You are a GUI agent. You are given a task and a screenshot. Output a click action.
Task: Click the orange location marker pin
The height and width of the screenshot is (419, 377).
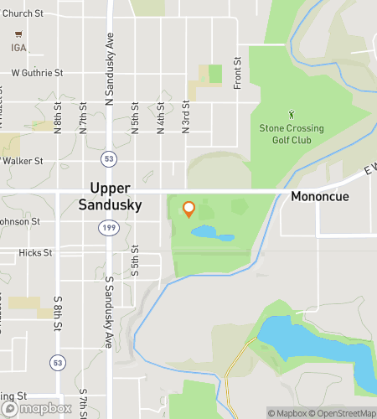tap(188, 209)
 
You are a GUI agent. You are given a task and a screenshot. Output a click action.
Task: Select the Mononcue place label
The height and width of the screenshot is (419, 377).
tap(319, 197)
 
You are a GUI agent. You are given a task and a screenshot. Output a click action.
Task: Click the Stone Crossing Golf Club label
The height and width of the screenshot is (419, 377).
tap(291, 133)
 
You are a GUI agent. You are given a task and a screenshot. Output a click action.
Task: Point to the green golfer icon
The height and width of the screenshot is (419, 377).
tap(292, 113)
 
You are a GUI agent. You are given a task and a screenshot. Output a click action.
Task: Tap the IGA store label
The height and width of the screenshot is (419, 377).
tap(18, 47)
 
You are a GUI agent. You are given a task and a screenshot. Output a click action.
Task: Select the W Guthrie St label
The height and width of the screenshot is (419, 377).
tap(37, 74)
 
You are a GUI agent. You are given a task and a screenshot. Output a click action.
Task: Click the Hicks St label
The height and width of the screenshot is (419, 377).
tap(37, 251)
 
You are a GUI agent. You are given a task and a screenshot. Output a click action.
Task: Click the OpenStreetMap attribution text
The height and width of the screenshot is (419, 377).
tap(340, 412)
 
